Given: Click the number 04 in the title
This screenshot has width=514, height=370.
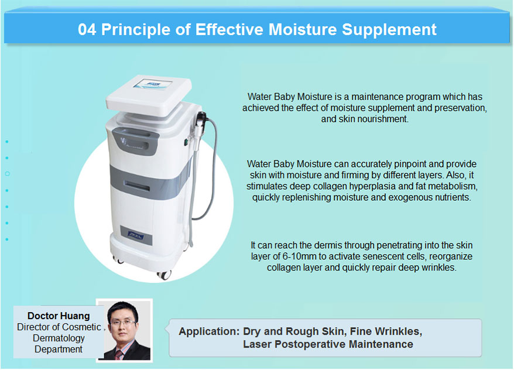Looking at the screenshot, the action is point(87,29).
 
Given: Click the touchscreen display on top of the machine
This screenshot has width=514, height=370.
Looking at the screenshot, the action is point(152,84).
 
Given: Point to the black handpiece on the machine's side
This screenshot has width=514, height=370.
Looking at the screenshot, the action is point(201,122).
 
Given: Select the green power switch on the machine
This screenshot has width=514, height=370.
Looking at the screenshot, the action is point(186,142).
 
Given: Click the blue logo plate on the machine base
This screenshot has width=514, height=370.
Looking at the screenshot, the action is point(136,235).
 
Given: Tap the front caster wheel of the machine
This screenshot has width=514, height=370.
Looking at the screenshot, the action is point(164,275).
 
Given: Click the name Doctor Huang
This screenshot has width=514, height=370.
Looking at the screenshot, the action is point(59,316).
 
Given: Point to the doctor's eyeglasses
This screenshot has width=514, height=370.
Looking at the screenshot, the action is point(123,323).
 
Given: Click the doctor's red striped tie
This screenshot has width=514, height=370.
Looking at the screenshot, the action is point(119,355).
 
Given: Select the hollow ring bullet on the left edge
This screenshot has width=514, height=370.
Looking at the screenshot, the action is point(7,174).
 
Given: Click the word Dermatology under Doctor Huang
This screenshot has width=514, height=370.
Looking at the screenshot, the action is point(59,338).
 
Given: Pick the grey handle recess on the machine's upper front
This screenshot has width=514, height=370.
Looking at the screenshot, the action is point(135,140).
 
